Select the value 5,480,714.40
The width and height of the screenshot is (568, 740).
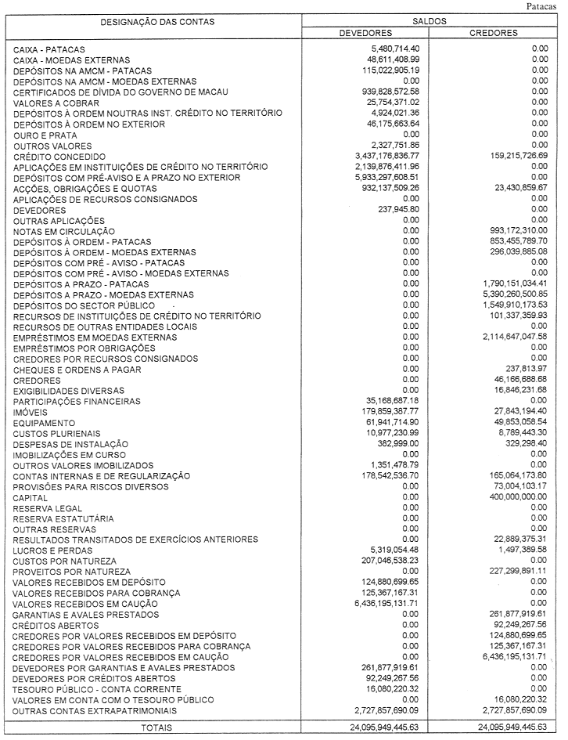392,49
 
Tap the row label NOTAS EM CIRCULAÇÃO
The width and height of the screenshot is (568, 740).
64,232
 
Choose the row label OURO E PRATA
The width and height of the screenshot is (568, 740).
45,135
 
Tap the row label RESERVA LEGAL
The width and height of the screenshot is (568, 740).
49,508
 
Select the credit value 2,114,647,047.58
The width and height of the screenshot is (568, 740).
506,338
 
